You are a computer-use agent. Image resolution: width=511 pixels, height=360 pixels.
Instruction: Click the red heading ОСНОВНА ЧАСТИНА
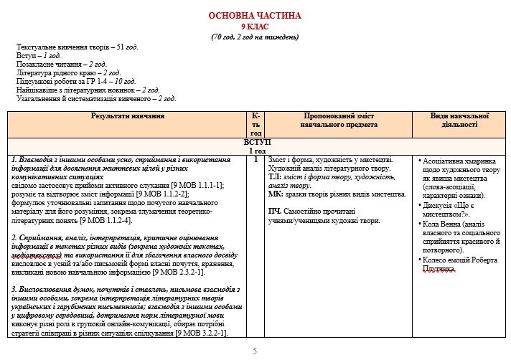(x=255, y=16)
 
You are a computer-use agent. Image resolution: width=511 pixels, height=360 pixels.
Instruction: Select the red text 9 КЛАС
(x=255, y=27)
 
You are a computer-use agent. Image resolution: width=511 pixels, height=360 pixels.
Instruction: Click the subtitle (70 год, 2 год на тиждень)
(x=255, y=37)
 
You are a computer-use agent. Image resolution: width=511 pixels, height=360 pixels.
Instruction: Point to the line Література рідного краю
(x=68, y=72)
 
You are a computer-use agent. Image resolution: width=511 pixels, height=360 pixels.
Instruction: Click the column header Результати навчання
(x=128, y=115)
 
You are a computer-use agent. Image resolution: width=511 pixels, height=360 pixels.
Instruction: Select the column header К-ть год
(x=256, y=124)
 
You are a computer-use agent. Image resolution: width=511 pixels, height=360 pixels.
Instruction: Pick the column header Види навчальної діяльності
(x=459, y=120)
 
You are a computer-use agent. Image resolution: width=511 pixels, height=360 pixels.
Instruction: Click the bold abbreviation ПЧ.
(x=275, y=212)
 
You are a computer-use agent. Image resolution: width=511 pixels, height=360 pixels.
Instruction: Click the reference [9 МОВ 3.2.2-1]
(x=202, y=333)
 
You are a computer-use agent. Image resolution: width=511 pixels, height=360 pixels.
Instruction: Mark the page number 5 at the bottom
(x=255, y=351)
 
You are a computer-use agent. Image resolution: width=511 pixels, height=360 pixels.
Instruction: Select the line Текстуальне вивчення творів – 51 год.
(x=78, y=47)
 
